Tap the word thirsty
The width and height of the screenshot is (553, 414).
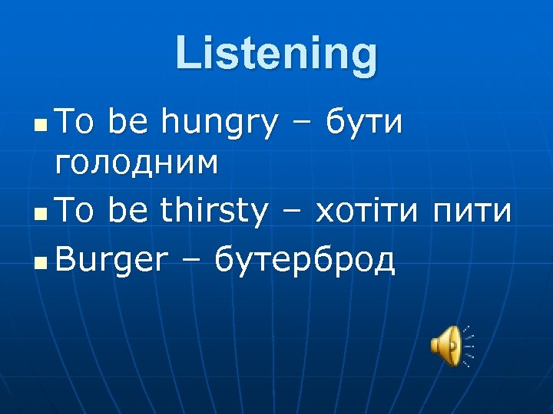pyautogui.click(x=215, y=210)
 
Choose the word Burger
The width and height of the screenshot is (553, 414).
pyautogui.click(x=111, y=261)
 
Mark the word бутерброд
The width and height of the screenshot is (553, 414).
pyautogui.click(x=305, y=261)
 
